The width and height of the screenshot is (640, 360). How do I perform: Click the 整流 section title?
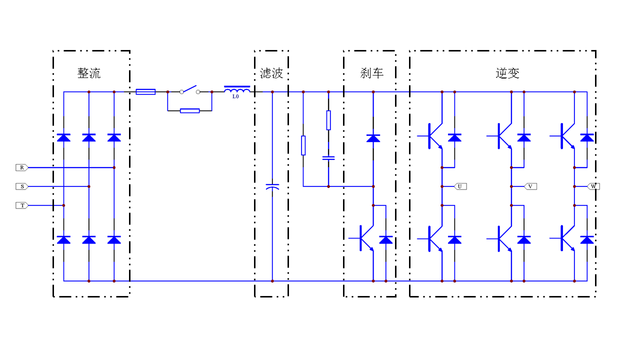tap(89, 73)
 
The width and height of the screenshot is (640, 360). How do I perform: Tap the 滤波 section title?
tap(271, 73)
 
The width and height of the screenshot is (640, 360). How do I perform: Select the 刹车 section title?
tap(372, 73)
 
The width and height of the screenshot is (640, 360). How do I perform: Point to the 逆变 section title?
tap(507, 73)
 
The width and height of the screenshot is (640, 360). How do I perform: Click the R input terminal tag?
tap(22, 167)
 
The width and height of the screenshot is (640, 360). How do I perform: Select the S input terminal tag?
tap(22, 186)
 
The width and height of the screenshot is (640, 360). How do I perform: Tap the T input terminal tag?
tap(22, 205)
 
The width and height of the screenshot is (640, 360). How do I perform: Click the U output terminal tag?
tap(460, 186)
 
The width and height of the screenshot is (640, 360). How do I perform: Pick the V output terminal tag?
tap(530, 186)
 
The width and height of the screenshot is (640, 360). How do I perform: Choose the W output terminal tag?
tap(593, 186)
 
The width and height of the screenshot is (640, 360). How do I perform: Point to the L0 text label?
tap(235, 97)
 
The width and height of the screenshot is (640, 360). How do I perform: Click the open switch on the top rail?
tap(189, 90)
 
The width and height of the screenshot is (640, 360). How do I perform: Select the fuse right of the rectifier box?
tap(145, 92)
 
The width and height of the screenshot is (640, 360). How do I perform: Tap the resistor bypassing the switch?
tap(189, 110)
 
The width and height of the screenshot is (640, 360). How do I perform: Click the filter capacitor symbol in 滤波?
tap(272, 186)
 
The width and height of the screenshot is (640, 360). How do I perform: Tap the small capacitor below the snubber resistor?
tap(328, 158)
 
